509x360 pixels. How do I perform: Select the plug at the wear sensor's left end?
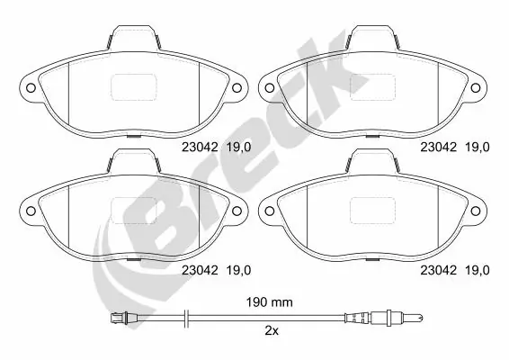tap(114, 317)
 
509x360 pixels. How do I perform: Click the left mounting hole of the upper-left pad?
tap(28, 88)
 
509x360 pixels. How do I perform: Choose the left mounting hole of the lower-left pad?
tap(28, 211)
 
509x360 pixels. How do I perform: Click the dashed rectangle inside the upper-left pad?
tap(132, 87)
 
